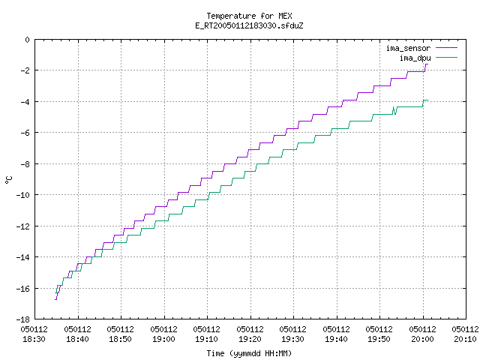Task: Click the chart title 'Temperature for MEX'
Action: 249,16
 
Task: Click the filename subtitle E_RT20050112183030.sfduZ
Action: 249,25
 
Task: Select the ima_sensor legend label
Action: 408,48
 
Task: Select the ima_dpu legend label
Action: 415,58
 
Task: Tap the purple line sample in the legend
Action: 447,48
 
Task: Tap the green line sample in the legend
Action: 447,57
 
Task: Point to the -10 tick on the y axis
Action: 23,195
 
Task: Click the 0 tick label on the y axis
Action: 28,40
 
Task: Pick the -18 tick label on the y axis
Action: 23,319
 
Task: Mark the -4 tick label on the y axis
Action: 25,102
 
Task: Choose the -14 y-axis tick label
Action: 23,257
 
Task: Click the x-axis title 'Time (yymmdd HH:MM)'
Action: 249,353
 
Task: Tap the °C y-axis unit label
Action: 8,180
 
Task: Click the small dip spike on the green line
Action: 395,112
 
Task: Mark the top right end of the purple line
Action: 427,64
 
